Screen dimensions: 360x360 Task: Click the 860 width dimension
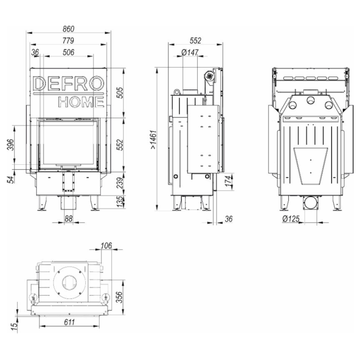(x=68, y=29)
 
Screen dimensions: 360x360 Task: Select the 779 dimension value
(x=68, y=40)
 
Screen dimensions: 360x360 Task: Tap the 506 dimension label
(x=69, y=52)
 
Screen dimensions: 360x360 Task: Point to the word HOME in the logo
(x=81, y=102)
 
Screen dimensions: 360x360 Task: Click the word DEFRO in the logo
(x=69, y=83)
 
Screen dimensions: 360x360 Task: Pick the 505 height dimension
(x=120, y=93)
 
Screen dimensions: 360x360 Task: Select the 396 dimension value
(x=11, y=144)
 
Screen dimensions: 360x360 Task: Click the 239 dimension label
(x=120, y=183)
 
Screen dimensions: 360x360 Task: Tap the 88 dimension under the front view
(x=69, y=219)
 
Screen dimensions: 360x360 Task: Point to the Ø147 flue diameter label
(x=190, y=53)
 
